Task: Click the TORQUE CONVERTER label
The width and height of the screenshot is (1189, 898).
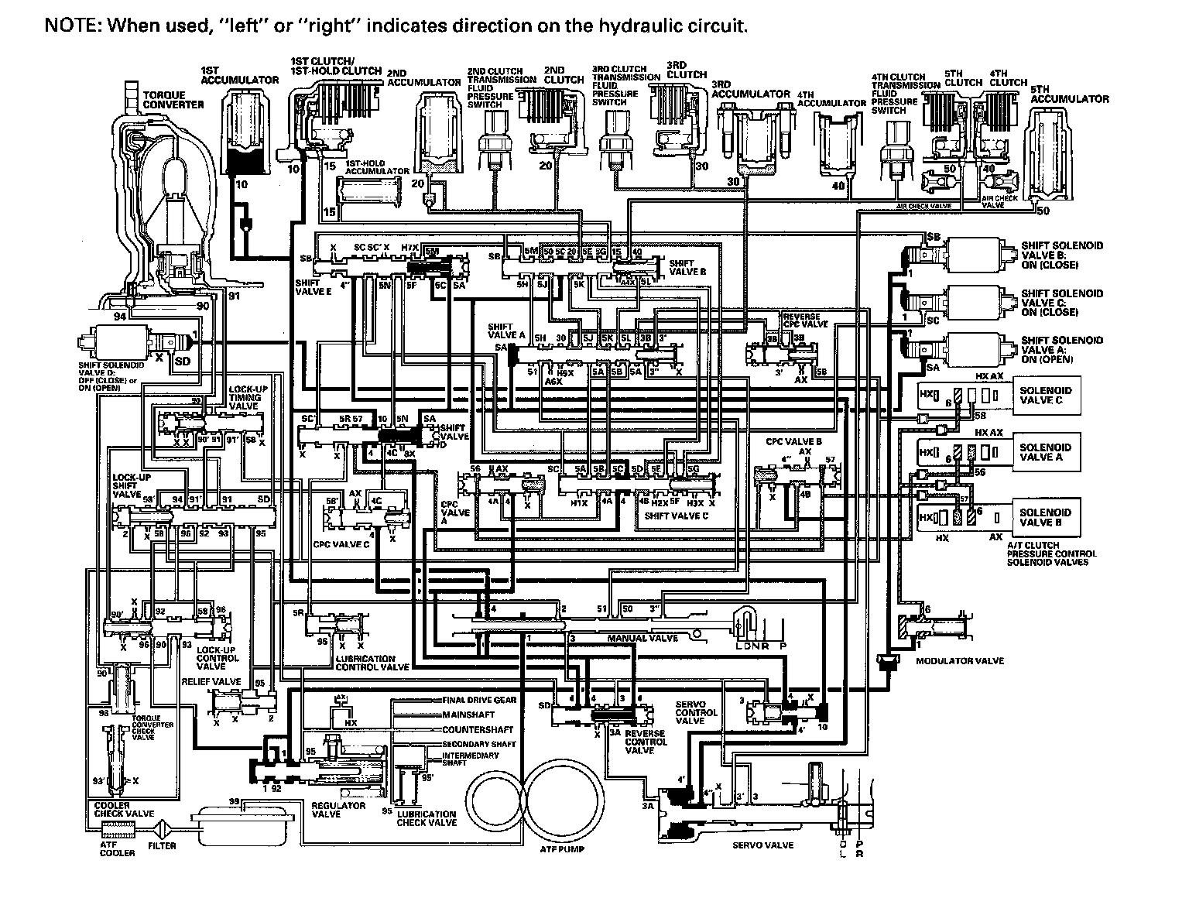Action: coord(173,99)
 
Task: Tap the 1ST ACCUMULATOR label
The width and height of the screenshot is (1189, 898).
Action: coord(239,75)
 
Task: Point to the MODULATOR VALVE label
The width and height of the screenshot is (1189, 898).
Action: coord(959,660)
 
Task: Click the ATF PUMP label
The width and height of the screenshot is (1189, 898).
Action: coord(563,848)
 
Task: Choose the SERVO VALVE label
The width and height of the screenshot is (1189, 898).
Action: coord(762,845)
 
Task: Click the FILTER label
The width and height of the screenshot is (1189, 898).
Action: coord(162,845)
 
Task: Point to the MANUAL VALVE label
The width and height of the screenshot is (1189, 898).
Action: coord(642,638)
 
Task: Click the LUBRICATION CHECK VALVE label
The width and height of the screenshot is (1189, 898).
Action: coord(426,818)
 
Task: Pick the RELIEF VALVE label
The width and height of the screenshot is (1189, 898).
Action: coord(211,682)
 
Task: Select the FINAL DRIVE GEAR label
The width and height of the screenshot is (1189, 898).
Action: coord(479,700)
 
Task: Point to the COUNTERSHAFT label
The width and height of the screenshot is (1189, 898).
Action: coord(478,729)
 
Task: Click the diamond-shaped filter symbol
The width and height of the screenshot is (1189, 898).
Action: coord(163,828)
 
